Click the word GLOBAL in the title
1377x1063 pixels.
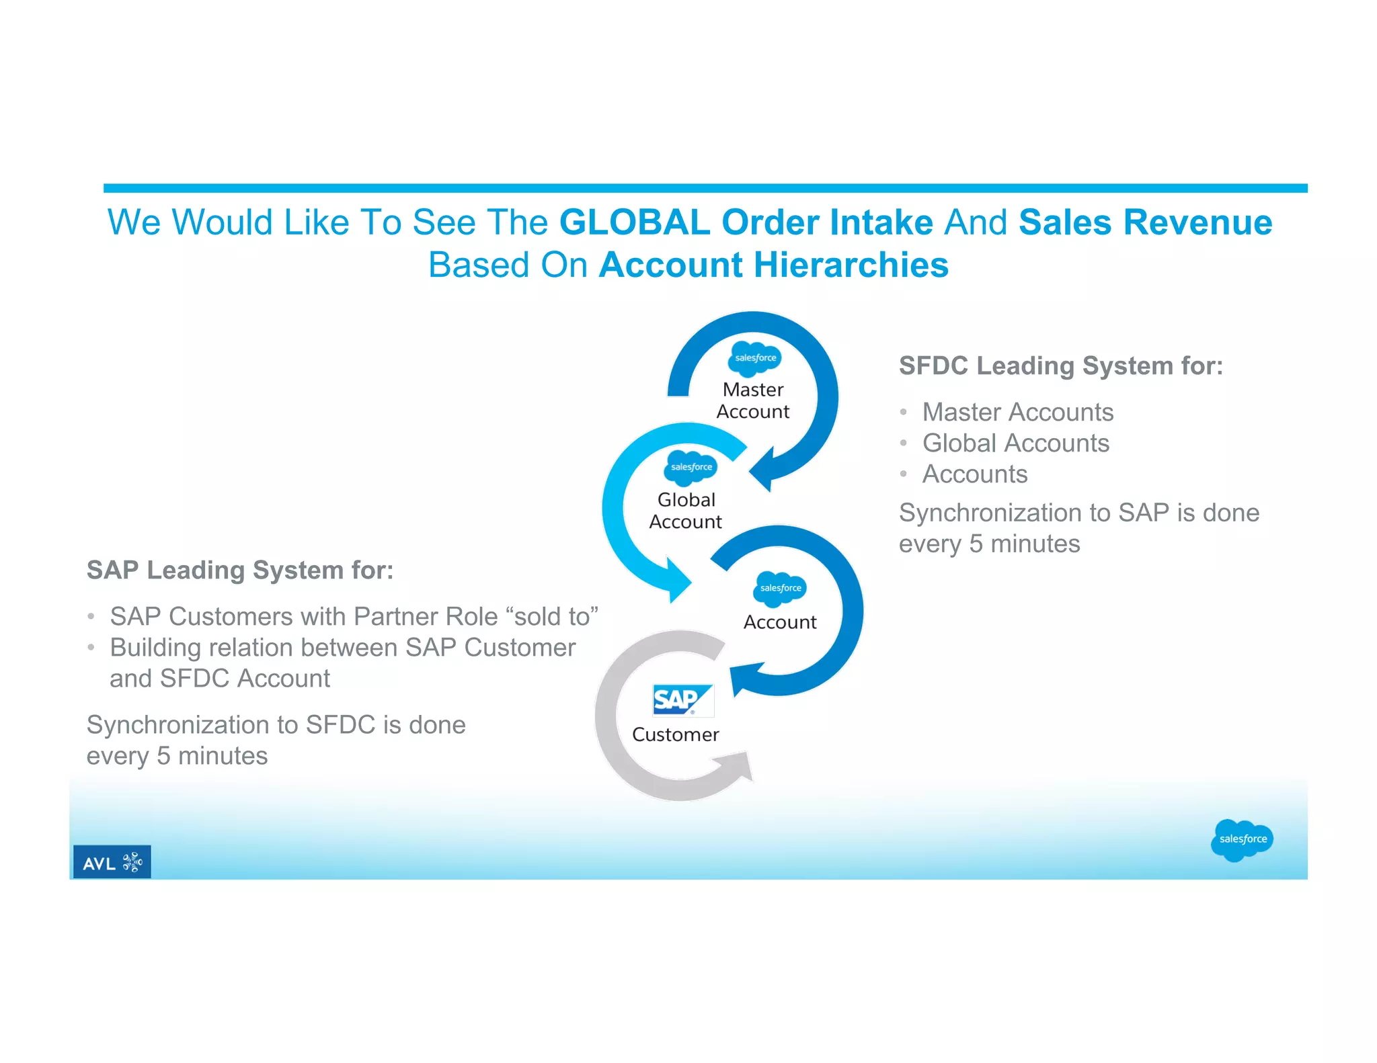[x=634, y=222]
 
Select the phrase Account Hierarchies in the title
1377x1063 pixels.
[x=773, y=265]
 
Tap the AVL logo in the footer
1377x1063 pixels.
[x=112, y=862]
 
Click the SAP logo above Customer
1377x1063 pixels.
[x=682, y=700]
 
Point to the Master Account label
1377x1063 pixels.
[x=752, y=400]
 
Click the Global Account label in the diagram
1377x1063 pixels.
[x=685, y=511]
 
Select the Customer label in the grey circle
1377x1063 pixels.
[x=675, y=734]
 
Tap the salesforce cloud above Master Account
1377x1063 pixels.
[x=755, y=357]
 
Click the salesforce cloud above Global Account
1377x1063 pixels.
[x=691, y=467]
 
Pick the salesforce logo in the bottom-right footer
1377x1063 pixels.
[x=1242, y=839]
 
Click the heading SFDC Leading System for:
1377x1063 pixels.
[x=1060, y=366]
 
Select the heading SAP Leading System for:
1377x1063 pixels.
[x=240, y=570]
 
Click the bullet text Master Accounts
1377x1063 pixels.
[x=1017, y=412]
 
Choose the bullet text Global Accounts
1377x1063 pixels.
[x=1015, y=443]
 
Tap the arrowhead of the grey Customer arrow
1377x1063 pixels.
[x=738, y=766]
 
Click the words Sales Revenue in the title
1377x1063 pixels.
[x=1145, y=222]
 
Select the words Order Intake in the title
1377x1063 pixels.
[x=827, y=222]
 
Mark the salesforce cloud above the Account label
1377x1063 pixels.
[x=780, y=588]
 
